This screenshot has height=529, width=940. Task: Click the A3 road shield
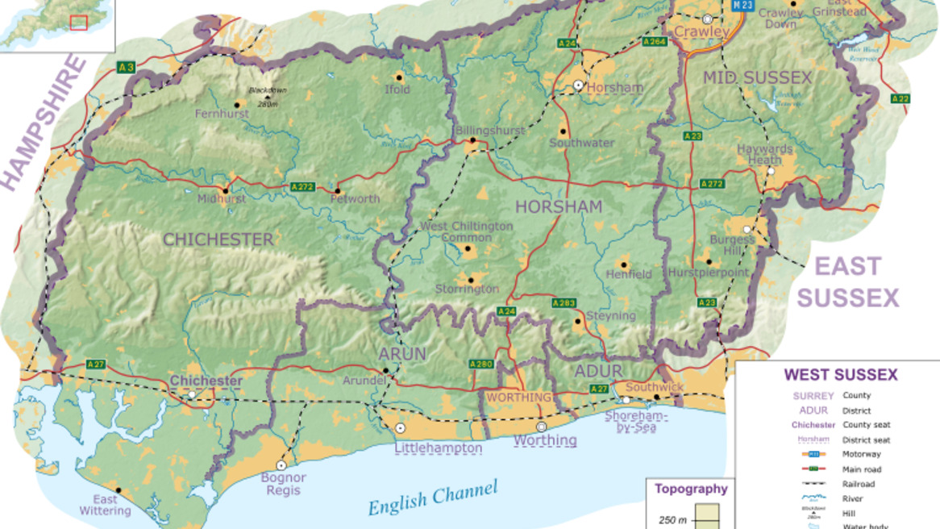click(x=125, y=67)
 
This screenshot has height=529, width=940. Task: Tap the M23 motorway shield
click(x=743, y=5)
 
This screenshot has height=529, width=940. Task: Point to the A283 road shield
click(x=564, y=303)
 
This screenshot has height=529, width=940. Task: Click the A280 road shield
click(x=481, y=364)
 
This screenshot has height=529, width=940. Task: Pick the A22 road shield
click(x=900, y=98)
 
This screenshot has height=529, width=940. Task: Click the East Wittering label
click(x=104, y=505)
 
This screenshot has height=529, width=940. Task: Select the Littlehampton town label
click(x=438, y=448)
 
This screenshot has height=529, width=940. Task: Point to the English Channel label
click(x=433, y=498)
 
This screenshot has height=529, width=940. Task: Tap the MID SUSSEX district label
click(x=757, y=77)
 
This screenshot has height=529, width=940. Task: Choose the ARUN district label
click(x=402, y=355)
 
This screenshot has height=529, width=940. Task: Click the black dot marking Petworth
click(x=336, y=192)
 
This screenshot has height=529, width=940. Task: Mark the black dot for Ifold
click(x=398, y=77)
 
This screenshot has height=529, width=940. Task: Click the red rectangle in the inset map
click(x=78, y=23)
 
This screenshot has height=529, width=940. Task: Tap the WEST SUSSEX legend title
click(x=840, y=375)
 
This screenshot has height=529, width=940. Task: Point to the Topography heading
click(x=690, y=489)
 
